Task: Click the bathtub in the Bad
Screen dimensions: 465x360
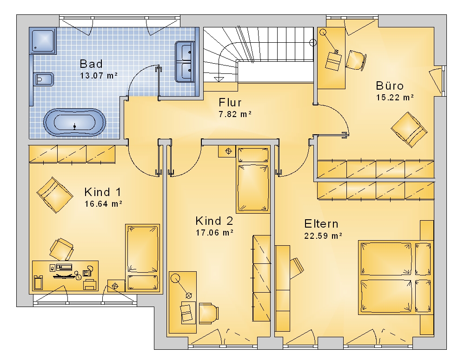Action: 74,122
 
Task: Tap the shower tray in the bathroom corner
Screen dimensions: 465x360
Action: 43,41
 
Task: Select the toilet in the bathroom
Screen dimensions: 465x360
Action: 43,79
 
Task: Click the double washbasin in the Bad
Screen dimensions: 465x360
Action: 185,62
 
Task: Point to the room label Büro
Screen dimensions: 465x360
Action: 390,86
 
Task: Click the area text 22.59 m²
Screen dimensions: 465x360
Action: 323,236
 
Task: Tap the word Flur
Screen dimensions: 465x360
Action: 230,103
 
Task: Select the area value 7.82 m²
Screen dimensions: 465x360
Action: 235,114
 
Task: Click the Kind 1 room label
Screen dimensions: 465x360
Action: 103,192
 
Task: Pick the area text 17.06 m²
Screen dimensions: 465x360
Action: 214,233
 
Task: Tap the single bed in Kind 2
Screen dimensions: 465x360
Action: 253,179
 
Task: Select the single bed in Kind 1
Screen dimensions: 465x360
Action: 142,258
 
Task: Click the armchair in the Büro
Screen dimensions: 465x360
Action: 409,130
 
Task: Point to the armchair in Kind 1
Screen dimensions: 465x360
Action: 55,195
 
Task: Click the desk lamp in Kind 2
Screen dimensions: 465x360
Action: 181,286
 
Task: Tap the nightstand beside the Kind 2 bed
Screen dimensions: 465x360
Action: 227,151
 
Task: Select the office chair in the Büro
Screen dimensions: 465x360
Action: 356,61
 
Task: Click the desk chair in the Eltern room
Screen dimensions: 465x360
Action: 297,268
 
